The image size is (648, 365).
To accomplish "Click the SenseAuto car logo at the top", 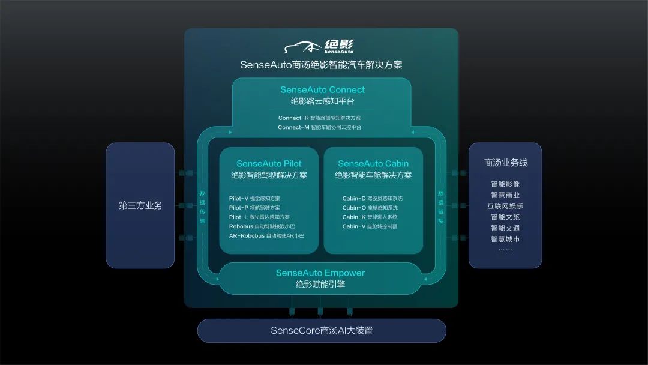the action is [319, 46].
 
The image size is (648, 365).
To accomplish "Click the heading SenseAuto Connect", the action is [322, 89].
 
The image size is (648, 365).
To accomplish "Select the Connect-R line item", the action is [319, 118].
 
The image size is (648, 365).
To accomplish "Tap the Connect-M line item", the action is [319, 127].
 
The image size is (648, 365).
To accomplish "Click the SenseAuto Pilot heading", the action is [269, 164].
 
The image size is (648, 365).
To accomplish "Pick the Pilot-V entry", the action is [254, 199].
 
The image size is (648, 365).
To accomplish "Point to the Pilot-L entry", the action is [259, 217].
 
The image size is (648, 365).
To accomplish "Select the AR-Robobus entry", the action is [266, 235].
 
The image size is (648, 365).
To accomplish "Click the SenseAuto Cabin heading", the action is [373, 164].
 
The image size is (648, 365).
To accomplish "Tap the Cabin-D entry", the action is [373, 199].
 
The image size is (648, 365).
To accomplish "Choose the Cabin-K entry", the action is [370, 217].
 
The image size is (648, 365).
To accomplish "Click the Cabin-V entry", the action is [370, 226].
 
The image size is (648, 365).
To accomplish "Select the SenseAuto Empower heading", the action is [320, 273].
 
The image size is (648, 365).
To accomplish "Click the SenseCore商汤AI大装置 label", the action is [322, 331].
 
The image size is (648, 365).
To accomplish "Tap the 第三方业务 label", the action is [140, 205].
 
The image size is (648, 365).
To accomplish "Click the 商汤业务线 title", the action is [505, 163].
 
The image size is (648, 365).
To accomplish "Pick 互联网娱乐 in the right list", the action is [505, 206].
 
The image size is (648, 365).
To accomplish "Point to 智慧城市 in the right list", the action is [505, 239].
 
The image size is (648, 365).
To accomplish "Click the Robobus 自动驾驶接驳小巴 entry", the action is [262, 226].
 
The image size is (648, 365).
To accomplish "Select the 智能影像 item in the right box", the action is [505, 184].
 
